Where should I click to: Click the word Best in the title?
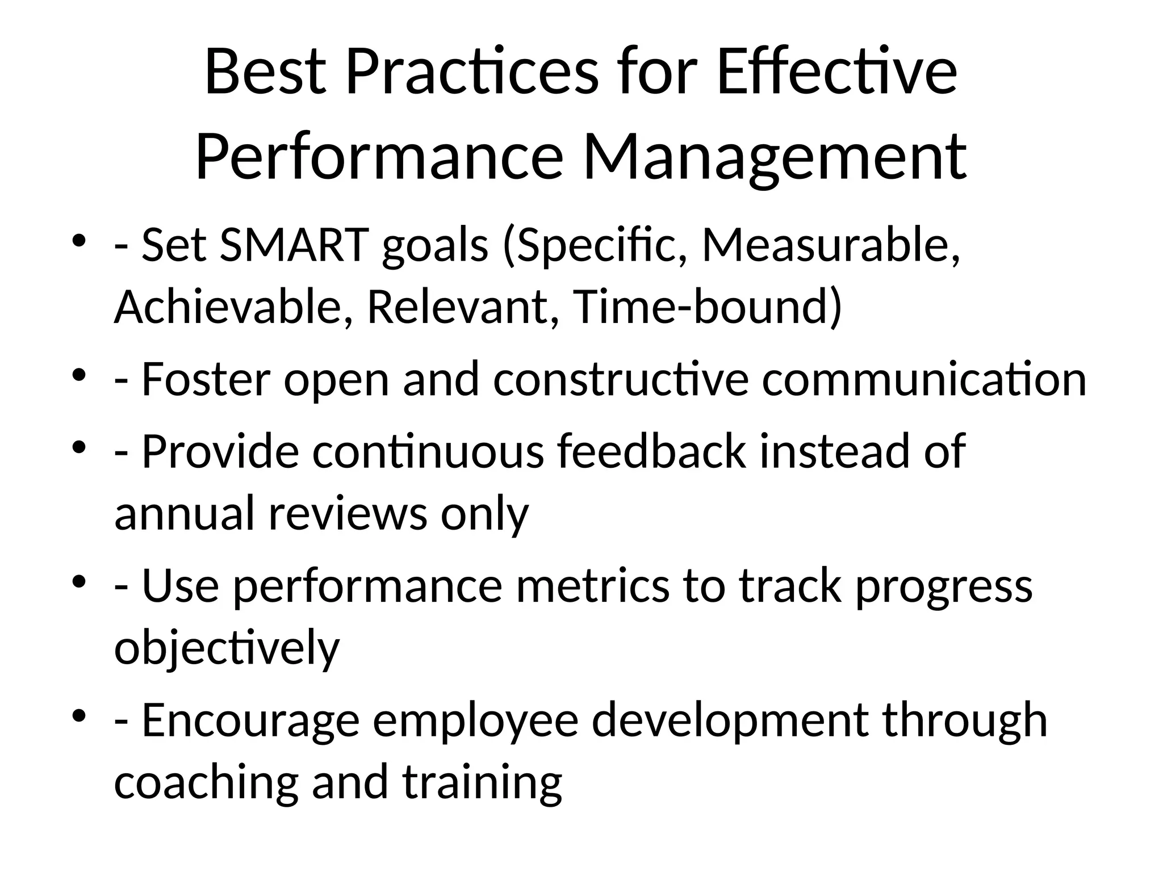(265, 73)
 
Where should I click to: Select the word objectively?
(227, 648)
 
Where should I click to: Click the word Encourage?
(250, 720)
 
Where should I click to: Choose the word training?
(482, 782)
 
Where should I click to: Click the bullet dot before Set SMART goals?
(79, 241)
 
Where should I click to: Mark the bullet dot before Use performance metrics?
(79, 581)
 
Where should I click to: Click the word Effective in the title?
(837, 73)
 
